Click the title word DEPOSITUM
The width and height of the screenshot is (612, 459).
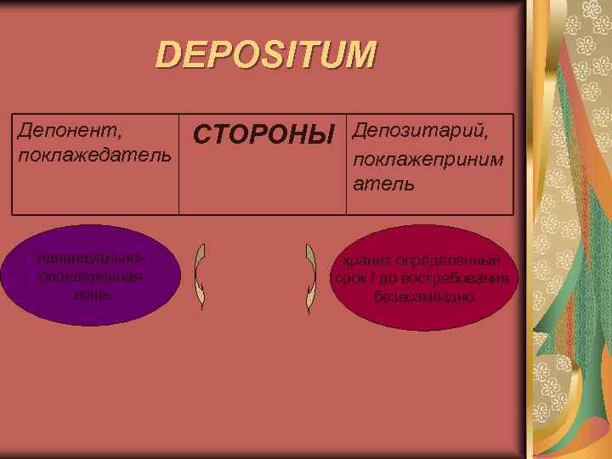click(266, 56)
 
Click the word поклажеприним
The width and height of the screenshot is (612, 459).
click(428, 159)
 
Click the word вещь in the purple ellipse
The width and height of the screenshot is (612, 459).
click(90, 294)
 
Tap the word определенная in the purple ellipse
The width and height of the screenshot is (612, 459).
click(90, 277)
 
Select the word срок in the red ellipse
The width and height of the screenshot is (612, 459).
click(348, 280)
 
